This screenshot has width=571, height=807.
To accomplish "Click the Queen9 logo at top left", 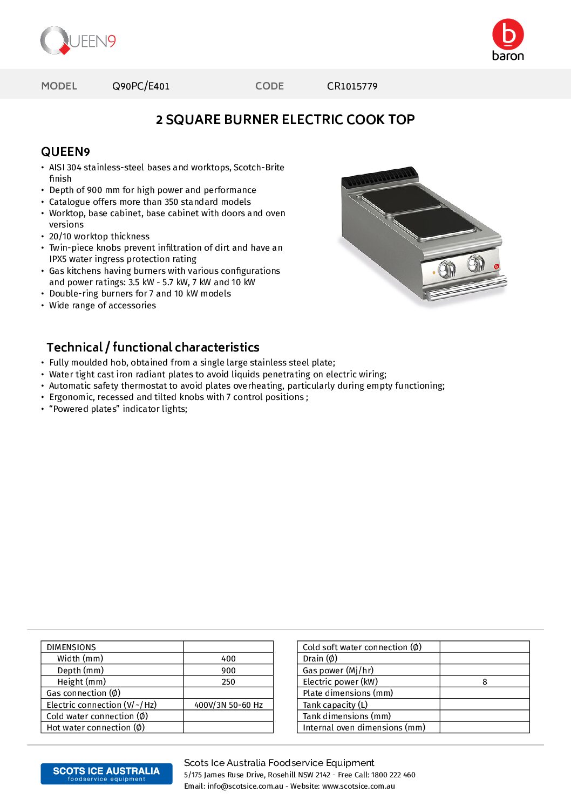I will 78,41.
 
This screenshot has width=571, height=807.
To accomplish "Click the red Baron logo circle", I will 508,35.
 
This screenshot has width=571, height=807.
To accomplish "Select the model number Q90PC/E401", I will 141,86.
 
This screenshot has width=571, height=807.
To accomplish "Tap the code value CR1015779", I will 352,86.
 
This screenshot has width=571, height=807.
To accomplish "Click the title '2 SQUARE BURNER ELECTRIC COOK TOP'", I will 285,120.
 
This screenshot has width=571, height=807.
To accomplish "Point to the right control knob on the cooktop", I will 475,263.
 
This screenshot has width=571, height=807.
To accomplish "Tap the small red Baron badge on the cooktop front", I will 497,266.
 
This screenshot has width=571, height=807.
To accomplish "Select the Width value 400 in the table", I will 228,659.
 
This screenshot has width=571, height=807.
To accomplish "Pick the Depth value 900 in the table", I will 228,671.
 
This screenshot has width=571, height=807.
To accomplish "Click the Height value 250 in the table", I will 228,682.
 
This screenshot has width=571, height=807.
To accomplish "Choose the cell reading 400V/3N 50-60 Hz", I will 228,705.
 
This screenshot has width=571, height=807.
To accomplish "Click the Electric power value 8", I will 485,682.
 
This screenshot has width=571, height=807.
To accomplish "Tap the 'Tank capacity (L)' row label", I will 335,705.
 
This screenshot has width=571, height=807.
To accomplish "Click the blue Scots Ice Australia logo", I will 106,774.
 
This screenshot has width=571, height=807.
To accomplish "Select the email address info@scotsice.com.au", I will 245,787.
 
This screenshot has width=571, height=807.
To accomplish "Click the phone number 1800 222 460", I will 393,775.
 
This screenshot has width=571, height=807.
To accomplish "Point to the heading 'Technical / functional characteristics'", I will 153,347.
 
